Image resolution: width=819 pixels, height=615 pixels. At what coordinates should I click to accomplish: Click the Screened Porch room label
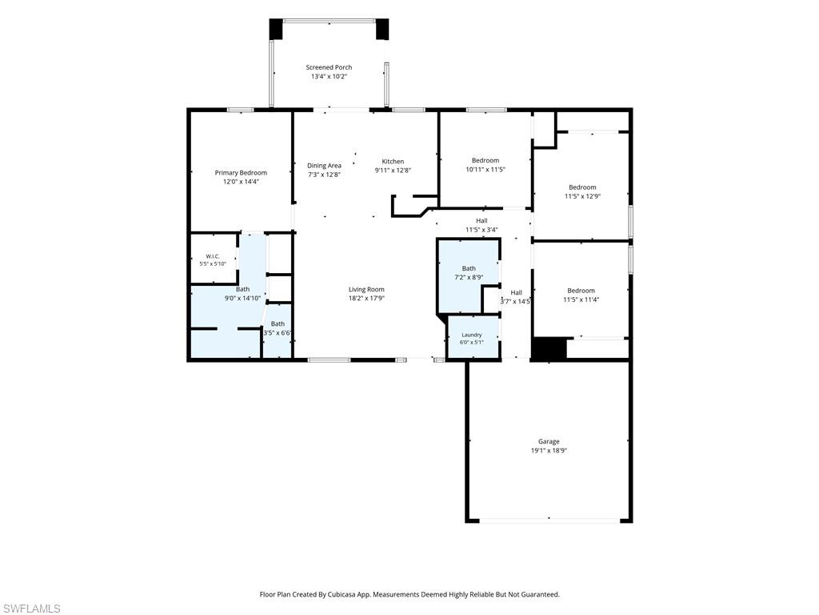[x=329, y=67]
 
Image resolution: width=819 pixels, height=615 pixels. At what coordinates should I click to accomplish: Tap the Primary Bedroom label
[x=241, y=173]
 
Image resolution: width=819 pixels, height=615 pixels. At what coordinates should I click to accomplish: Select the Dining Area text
[x=324, y=166]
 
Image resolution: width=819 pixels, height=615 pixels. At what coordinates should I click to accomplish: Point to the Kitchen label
[x=393, y=162]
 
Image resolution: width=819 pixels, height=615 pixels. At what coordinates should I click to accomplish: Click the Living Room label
[x=366, y=289]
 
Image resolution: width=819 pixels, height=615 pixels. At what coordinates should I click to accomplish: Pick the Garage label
[x=549, y=441]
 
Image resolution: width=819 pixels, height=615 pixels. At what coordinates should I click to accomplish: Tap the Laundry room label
[x=472, y=335]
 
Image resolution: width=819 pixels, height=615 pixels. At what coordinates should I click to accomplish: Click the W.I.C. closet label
[x=213, y=256]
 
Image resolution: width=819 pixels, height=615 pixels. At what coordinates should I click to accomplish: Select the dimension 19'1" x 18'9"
[x=549, y=450]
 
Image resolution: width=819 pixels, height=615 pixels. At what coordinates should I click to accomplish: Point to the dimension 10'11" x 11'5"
[x=485, y=170]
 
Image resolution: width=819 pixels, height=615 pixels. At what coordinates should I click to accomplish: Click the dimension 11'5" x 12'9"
[x=582, y=196]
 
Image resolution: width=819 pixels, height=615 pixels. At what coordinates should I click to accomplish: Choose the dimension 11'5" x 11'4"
[x=581, y=299]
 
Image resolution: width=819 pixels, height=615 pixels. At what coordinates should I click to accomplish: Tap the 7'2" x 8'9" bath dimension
[x=469, y=277]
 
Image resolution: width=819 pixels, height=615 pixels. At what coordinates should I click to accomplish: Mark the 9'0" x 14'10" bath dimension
[x=242, y=298]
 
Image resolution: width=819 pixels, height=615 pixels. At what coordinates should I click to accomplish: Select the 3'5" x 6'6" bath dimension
[x=278, y=332]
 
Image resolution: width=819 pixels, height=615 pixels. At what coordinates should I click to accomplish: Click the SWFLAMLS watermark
[x=30, y=609]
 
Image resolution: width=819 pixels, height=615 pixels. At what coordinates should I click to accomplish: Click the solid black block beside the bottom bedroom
[x=549, y=348]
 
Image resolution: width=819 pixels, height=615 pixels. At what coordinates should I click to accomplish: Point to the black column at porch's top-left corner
[x=276, y=30]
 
